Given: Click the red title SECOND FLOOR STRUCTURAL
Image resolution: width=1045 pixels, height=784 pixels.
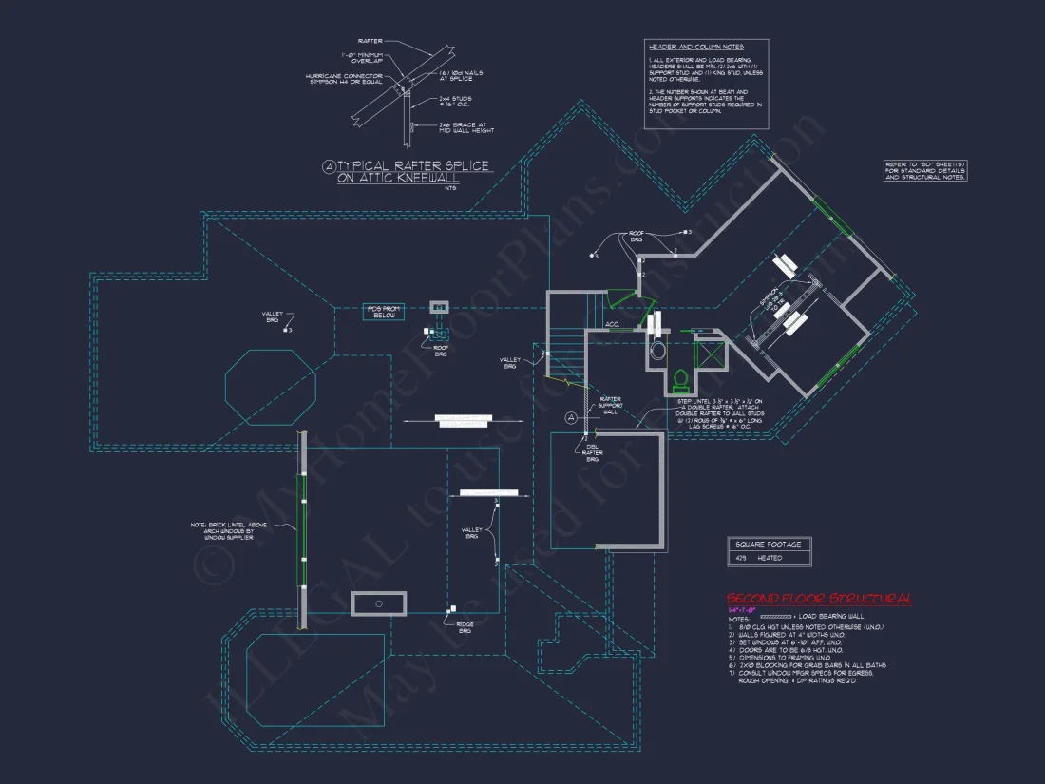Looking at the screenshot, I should point(819,599).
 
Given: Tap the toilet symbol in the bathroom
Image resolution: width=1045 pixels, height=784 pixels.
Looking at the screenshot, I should point(680,381).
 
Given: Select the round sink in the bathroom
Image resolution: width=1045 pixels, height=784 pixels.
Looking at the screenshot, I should point(657,351).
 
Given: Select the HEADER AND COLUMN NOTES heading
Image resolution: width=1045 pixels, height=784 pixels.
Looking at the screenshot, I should point(695,47).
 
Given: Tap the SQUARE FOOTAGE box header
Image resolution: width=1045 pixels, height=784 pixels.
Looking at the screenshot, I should point(769,545).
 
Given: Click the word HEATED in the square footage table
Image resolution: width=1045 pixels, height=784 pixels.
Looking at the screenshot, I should point(769,559).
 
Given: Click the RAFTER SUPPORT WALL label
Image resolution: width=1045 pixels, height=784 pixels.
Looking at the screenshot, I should point(610,405).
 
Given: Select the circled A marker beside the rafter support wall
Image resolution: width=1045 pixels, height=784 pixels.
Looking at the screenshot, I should point(571,417).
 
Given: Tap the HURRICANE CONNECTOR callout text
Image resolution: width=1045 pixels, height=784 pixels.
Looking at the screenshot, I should point(343,79).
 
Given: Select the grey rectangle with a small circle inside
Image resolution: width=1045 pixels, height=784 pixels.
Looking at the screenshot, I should point(378,603).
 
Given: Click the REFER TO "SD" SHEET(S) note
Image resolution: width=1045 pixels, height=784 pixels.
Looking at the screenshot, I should point(925,170).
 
